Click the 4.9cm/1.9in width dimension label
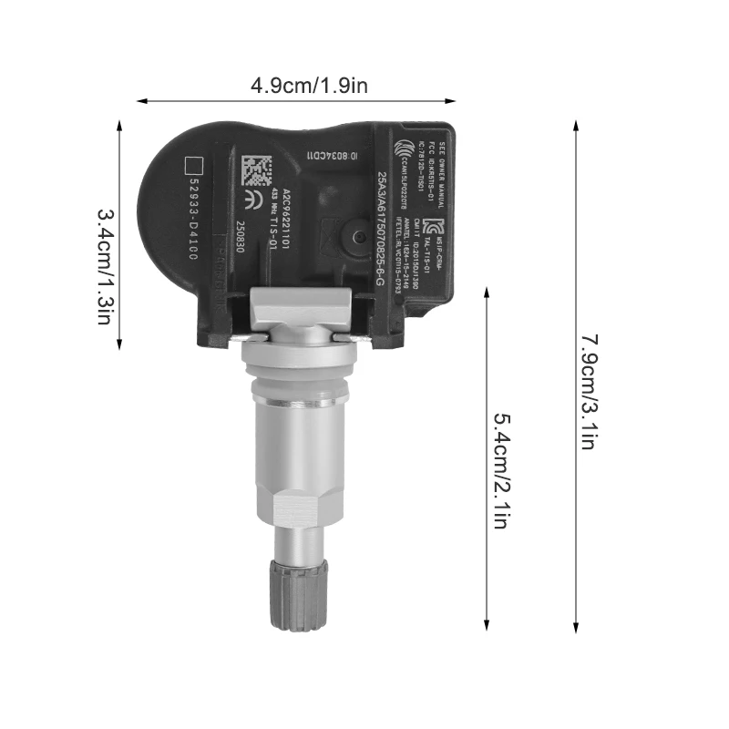click(311, 86)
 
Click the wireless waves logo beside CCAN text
click(401, 148)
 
